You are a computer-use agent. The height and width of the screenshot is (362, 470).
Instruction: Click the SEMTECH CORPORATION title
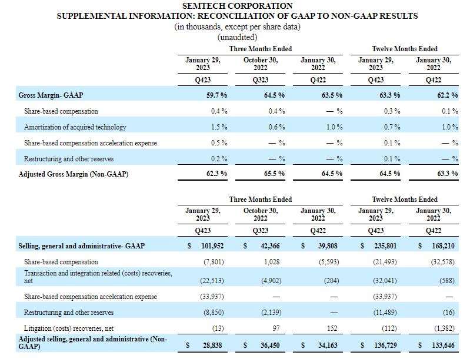[x=237, y=6]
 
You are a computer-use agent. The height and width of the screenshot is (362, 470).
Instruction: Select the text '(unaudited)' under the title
[x=237, y=37]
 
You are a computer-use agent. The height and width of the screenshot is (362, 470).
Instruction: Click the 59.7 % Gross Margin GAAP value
[x=216, y=95]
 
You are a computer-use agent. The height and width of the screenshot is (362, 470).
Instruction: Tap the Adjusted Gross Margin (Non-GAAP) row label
[x=74, y=174]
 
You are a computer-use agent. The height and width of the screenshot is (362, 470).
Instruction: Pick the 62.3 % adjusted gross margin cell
[x=216, y=174]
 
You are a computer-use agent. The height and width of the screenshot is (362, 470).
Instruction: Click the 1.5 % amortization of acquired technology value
[x=219, y=127]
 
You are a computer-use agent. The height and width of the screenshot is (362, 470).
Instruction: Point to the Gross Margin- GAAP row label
[x=51, y=95]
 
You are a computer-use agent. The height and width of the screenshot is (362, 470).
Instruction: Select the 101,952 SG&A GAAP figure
[x=212, y=246]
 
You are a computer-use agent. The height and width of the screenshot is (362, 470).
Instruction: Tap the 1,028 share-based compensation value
[x=272, y=262]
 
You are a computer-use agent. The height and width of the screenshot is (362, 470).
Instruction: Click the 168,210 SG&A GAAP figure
[x=444, y=246]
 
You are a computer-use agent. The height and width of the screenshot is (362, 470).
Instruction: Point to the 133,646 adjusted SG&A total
[x=444, y=345]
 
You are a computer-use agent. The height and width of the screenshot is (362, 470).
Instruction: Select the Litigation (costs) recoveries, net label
[x=69, y=328]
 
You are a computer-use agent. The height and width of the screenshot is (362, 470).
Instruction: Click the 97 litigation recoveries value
[x=276, y=328]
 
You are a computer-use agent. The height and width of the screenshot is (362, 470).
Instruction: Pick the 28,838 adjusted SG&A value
[x=212, y=345]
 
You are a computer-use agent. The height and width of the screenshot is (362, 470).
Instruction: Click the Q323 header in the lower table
[x=261, y=231]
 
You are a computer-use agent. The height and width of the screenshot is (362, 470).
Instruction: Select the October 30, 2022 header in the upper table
[x=261, y=64]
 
